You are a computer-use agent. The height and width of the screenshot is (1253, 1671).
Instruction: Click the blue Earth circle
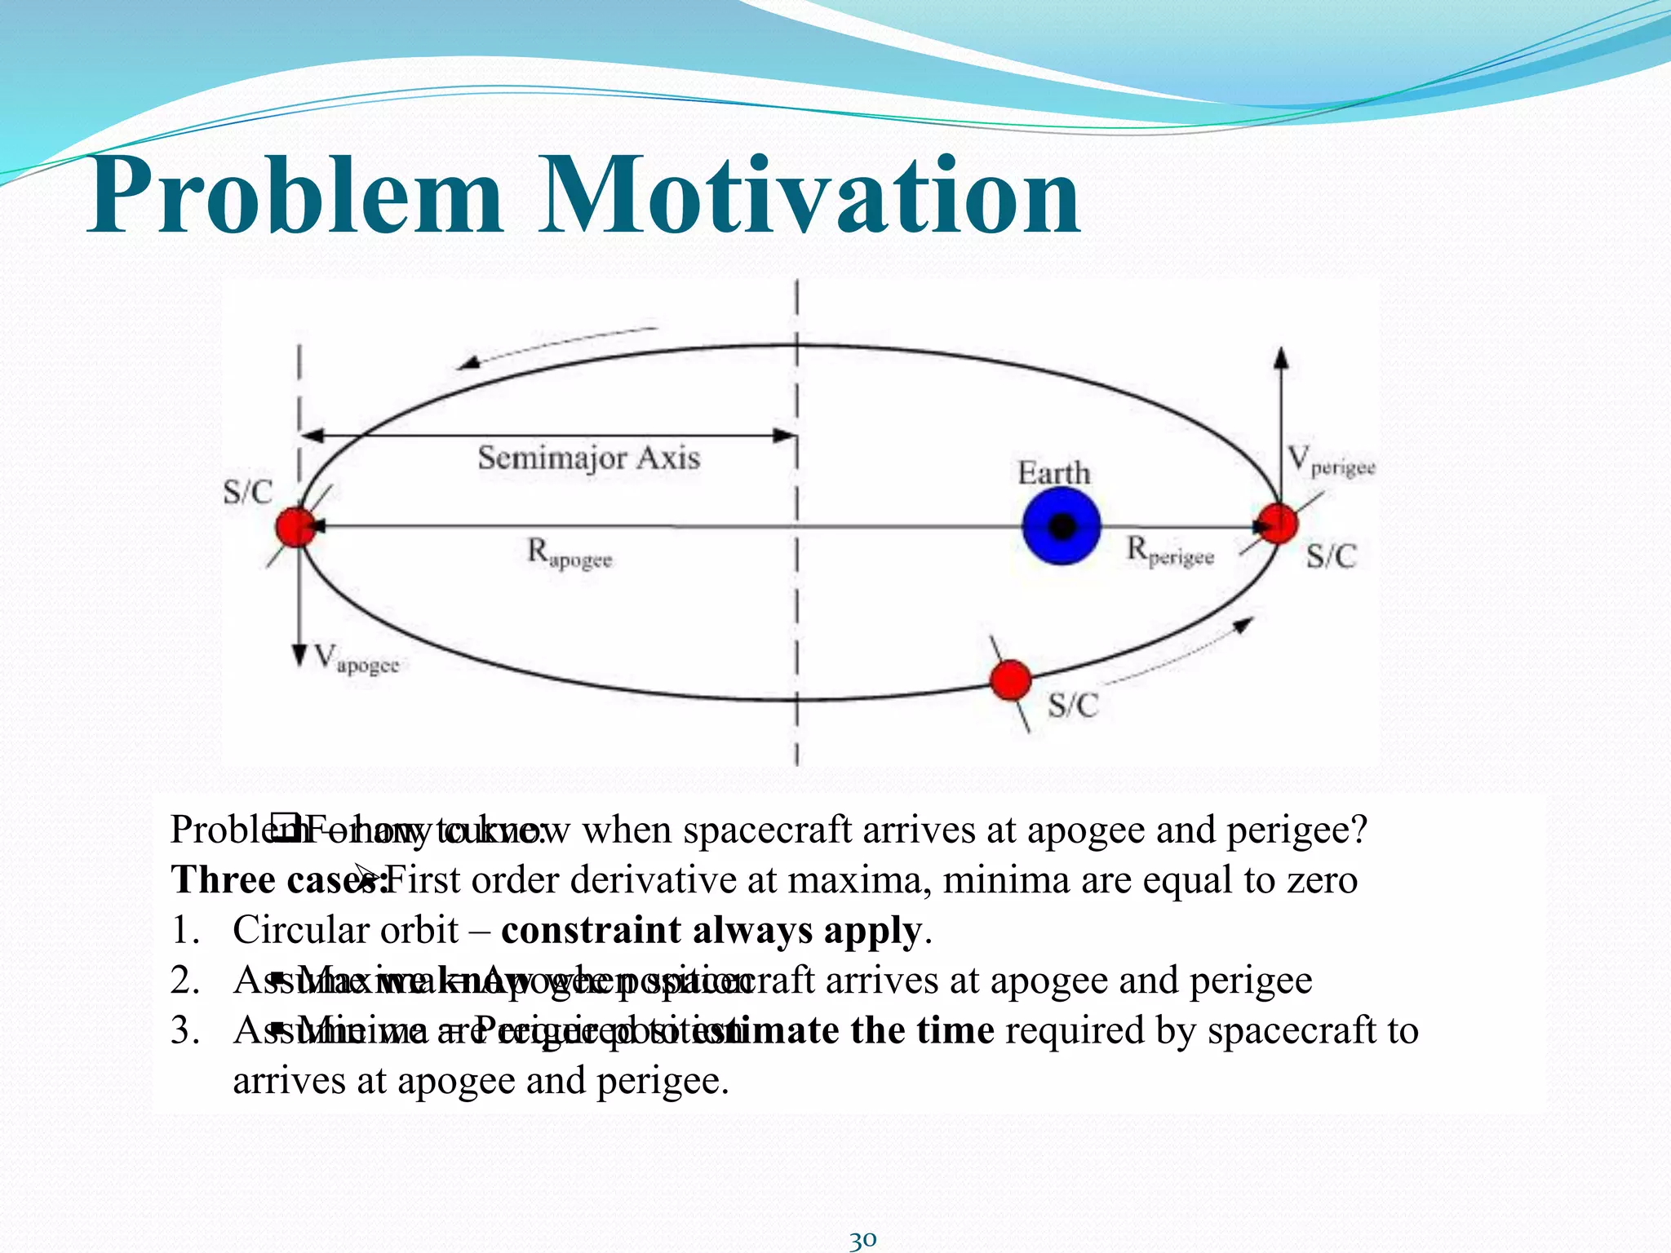pyautogui.click(x=1061, y=526)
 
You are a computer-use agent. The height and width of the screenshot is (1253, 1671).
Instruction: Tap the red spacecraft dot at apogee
pyautogui.click(x=295, y=526)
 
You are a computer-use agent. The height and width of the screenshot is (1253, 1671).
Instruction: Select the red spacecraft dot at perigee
pyautogui.click(x=1278, y=524)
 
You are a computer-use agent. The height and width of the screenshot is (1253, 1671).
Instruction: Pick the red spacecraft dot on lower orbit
pyautogui.click(x=1010, y=680)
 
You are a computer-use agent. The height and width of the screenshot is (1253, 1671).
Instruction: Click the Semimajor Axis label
pyautogui.click(x=588, y=458)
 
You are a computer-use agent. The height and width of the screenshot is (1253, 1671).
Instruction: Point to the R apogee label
pyautogui.click(x=569, y=554)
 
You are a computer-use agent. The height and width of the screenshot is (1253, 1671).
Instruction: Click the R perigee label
pyautogui.click(x=1169, y=551)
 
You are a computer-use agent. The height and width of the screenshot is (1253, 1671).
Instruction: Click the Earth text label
pyautogui.click(x=1053, y=473)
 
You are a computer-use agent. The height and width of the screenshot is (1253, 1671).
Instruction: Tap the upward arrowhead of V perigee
pyautogui.click(x=1281, y=356)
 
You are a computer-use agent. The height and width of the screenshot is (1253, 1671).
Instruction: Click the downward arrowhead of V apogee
pyautogui.click(x=299, y=655)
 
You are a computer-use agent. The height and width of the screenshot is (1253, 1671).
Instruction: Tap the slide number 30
pyautogui.click(x=862, y=1240)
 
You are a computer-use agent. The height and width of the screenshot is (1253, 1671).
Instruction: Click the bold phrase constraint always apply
pyautogui.click(x=711, y=930)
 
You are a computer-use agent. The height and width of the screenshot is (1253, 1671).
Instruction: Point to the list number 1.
pyautogui.click(x=184, y=931)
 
